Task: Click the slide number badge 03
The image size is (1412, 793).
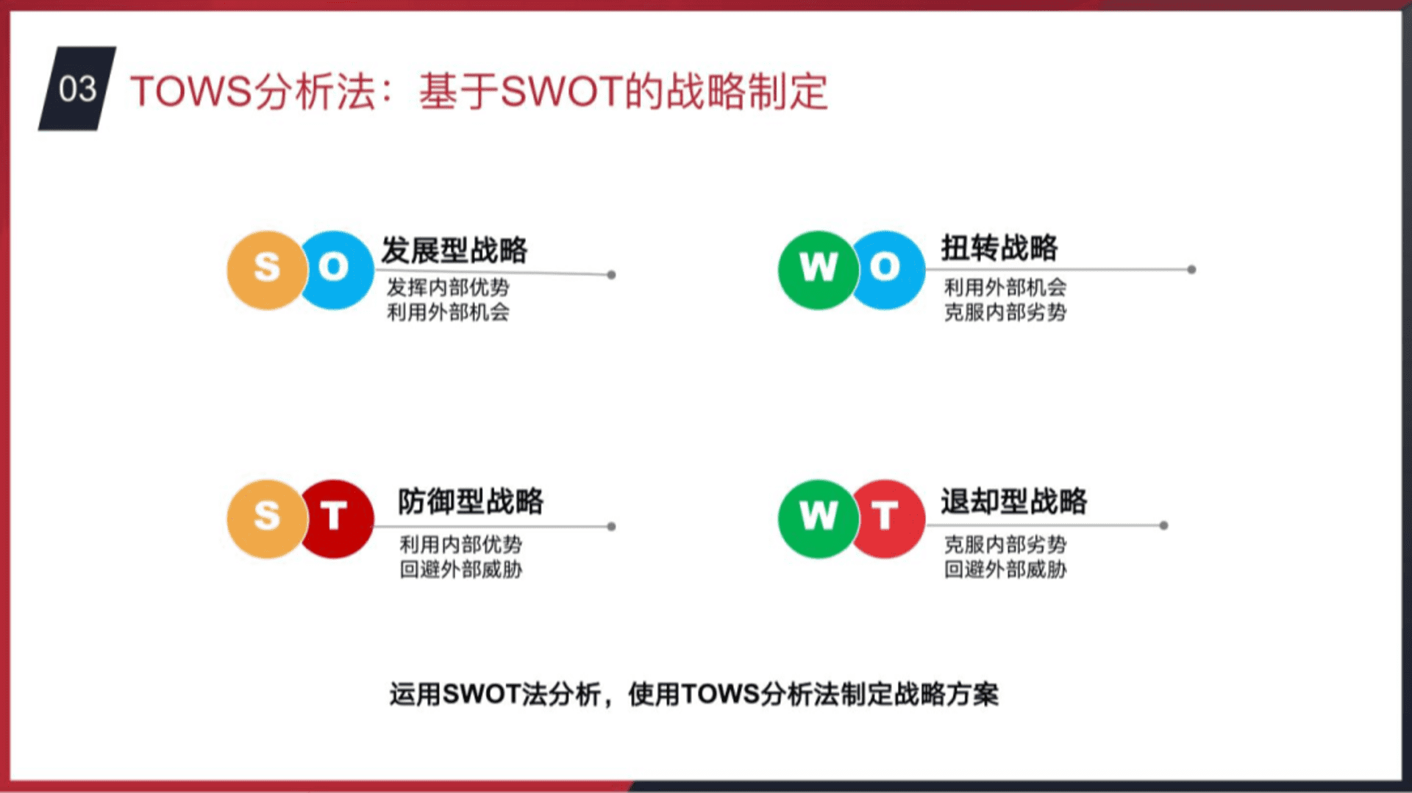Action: coord(77,89)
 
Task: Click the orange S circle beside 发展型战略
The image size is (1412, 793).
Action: coord(266,270)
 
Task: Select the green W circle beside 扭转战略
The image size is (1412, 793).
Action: coord(818,270)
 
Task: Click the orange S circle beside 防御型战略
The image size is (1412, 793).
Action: coord(266,519)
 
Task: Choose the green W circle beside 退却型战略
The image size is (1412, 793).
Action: coord(818,519)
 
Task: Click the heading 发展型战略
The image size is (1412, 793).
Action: coord(454,250)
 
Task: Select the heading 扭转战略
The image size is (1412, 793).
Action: coord(999,248)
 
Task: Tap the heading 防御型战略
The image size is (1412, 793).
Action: coord(471,501)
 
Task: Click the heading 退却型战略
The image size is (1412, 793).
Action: coord(1014,501)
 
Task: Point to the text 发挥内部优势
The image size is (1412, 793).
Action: coord(448,287)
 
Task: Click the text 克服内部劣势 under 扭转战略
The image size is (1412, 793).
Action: coord(1005,312)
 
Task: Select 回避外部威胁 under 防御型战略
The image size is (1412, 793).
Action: coord(461,570)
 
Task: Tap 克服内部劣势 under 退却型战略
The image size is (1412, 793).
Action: coord(1005,545)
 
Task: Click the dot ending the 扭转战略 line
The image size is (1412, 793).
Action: coord(1191,270)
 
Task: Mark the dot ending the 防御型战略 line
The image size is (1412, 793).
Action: coord(611,526)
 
